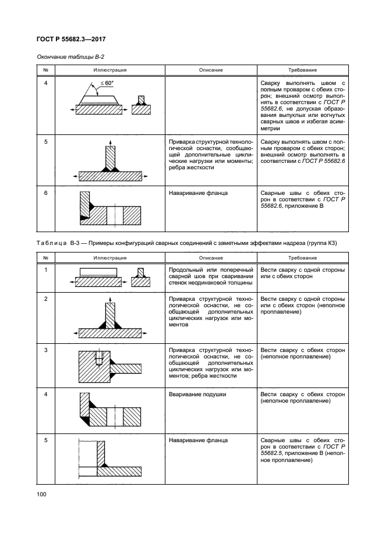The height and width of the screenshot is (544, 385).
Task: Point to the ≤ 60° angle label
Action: pyautogui.click(x=105, y=84)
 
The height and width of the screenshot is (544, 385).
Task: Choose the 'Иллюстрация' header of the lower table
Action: pyautogui.click(x=109, y=257)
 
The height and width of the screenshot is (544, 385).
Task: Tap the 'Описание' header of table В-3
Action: pyautogui.click(x=210, y=257)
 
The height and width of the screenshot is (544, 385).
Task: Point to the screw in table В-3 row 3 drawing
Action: pyautogui.click(x=100, y=357)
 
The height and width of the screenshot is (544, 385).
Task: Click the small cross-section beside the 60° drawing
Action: pyautogui.click(x=140, y=105)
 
